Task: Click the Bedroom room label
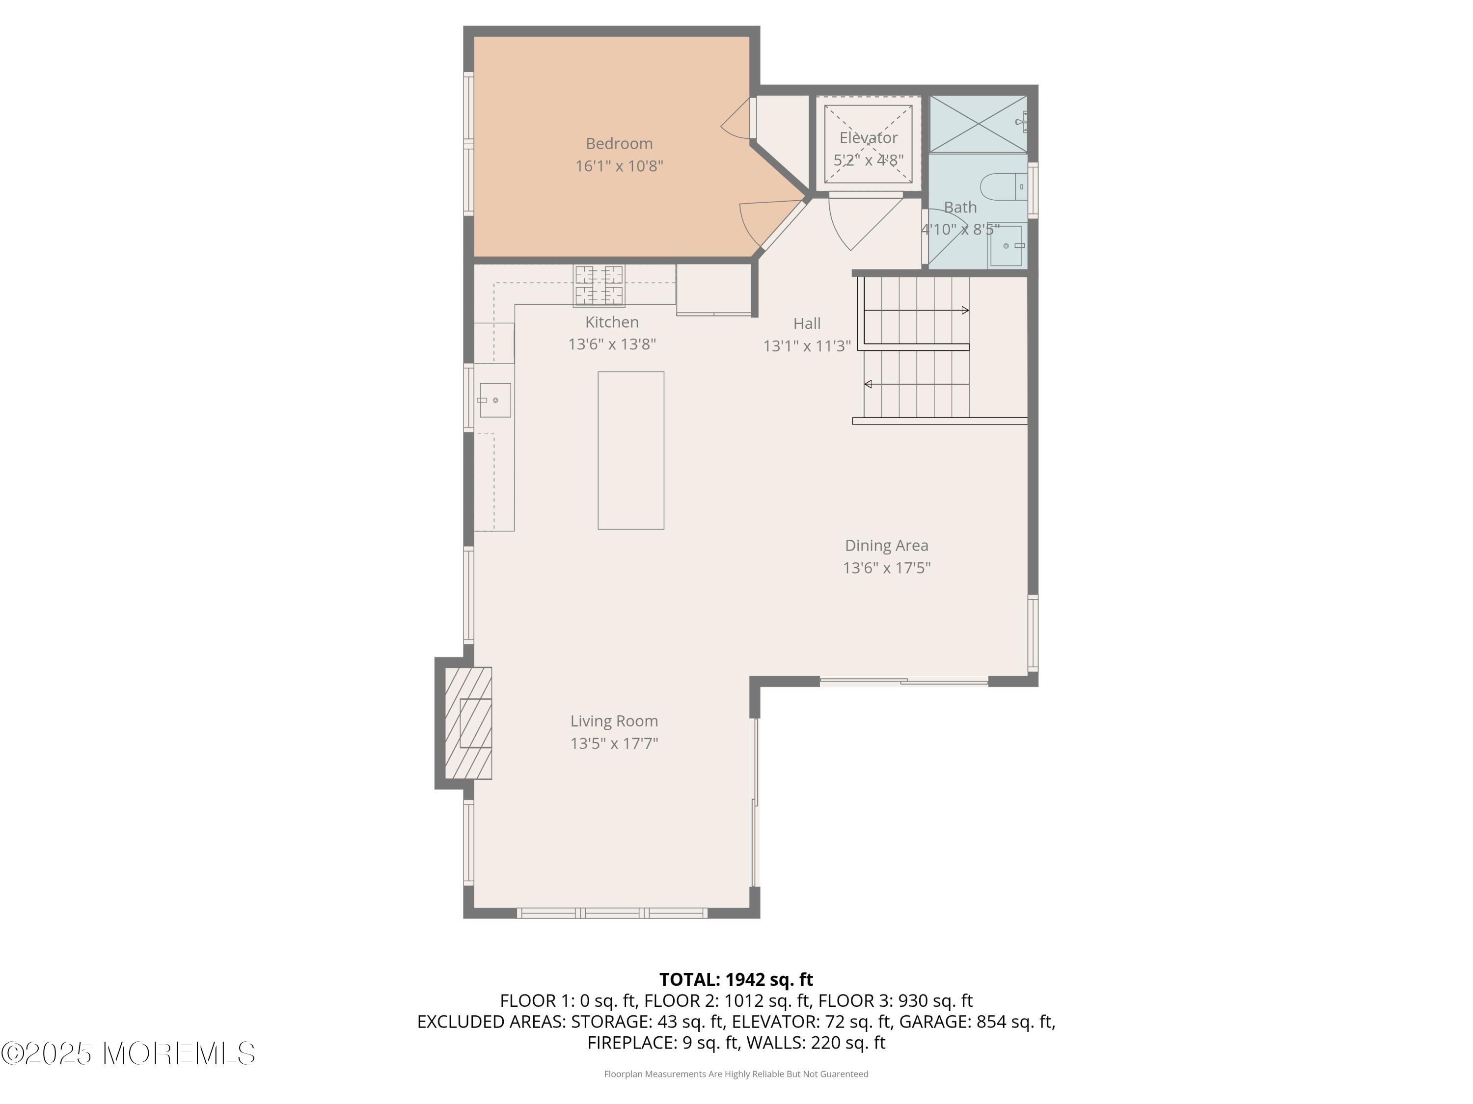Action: pos(619,143)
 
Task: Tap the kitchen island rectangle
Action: pos(630,450)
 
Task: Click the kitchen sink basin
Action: pos(495,400)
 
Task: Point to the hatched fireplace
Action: pos(468,723)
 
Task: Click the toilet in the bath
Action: pos(1002,187)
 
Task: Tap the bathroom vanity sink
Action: pos(1006,245)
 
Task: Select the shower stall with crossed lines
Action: pos(978,125)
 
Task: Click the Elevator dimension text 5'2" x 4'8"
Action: pos(869,159)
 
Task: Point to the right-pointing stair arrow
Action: pos(965,310)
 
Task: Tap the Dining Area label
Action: pos(886,545)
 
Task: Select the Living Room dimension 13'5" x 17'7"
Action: pos(614,743)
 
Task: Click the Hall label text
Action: pos(806,323)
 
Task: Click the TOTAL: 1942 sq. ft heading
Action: pos(736,979)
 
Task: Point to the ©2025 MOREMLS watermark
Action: pos(128,1053)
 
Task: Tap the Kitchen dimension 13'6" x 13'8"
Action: pos(611,344)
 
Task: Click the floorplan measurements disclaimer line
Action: pos(736,1074)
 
